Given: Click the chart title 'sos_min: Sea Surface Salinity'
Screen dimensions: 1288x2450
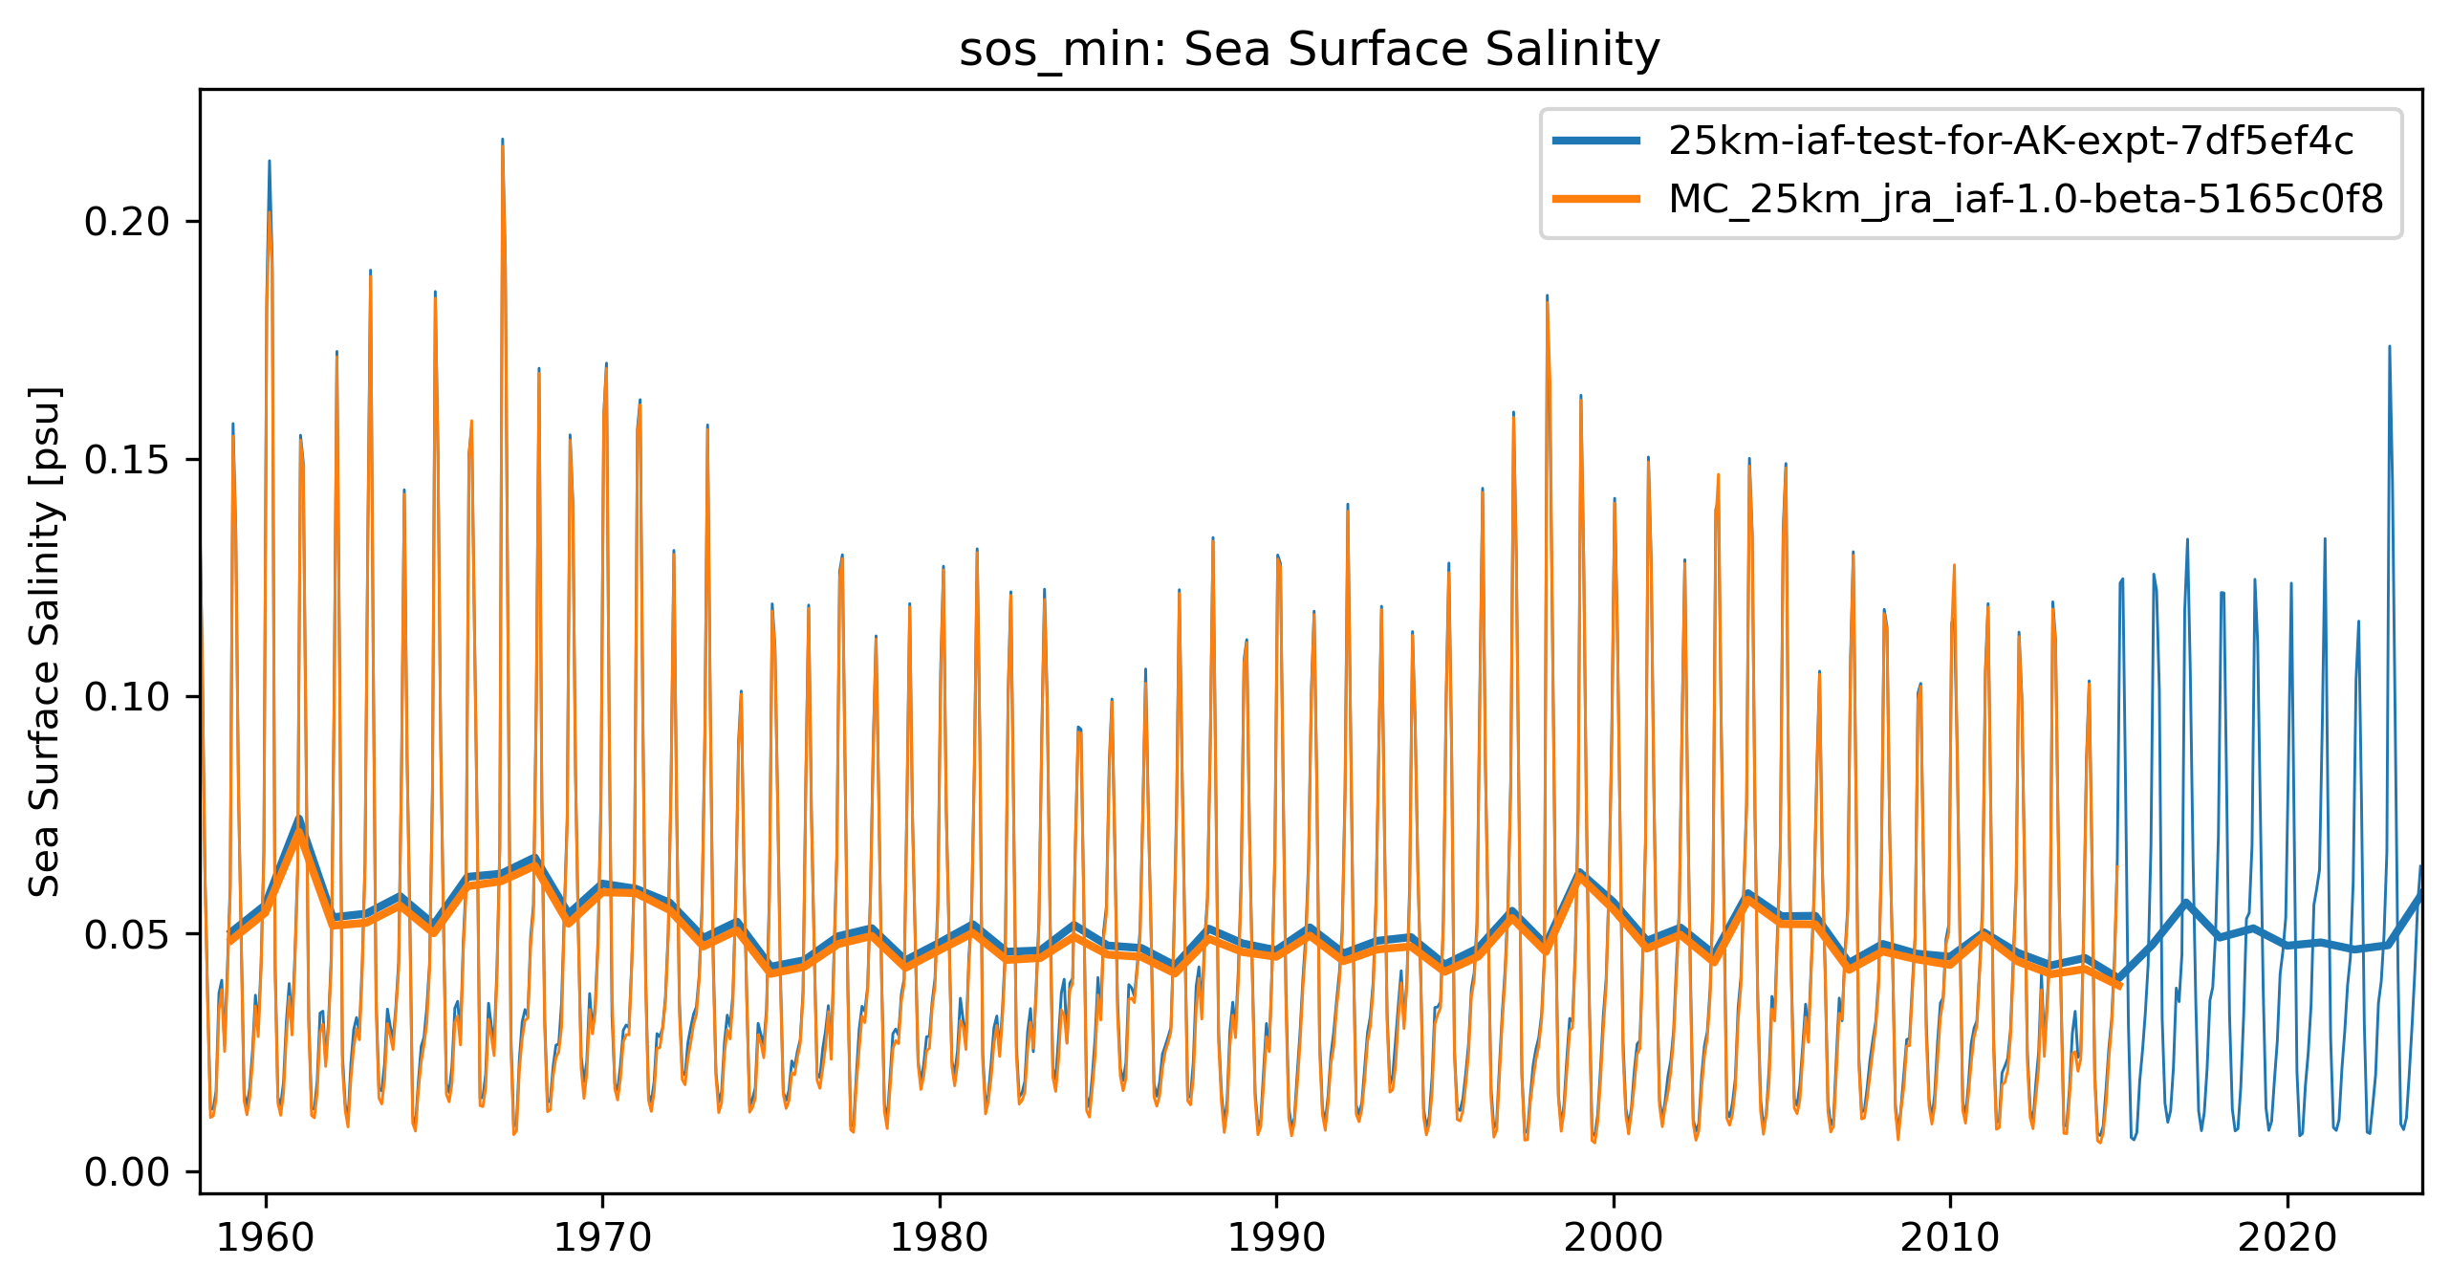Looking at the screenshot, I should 1310,50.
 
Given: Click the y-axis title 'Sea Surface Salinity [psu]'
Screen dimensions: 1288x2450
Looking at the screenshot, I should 45,642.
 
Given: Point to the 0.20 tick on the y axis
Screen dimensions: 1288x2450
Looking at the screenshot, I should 126,222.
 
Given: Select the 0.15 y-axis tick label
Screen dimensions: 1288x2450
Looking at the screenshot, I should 126,460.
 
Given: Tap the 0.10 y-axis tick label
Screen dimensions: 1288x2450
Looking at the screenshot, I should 126,697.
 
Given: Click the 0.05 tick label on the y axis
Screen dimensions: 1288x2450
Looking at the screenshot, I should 126,934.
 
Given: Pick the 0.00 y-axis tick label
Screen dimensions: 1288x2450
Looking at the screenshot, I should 126,1172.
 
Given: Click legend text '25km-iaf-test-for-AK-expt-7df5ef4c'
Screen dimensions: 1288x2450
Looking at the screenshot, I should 2010,142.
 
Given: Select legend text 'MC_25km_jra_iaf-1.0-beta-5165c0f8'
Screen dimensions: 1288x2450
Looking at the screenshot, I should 2026,199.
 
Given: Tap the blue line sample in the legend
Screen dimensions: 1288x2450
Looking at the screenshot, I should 1596,142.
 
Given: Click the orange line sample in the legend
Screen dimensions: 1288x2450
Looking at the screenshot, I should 1596,199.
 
